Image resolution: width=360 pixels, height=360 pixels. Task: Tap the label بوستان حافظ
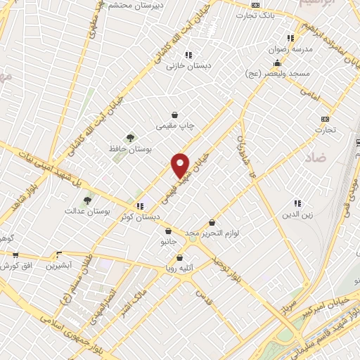(x=122, y=149)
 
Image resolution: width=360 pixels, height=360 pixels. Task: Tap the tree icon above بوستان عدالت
(x=87, y=200)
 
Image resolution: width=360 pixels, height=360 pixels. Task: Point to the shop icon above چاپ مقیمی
(x=174, y=115)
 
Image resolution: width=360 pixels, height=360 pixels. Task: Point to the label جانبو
(x=160, y=241)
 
